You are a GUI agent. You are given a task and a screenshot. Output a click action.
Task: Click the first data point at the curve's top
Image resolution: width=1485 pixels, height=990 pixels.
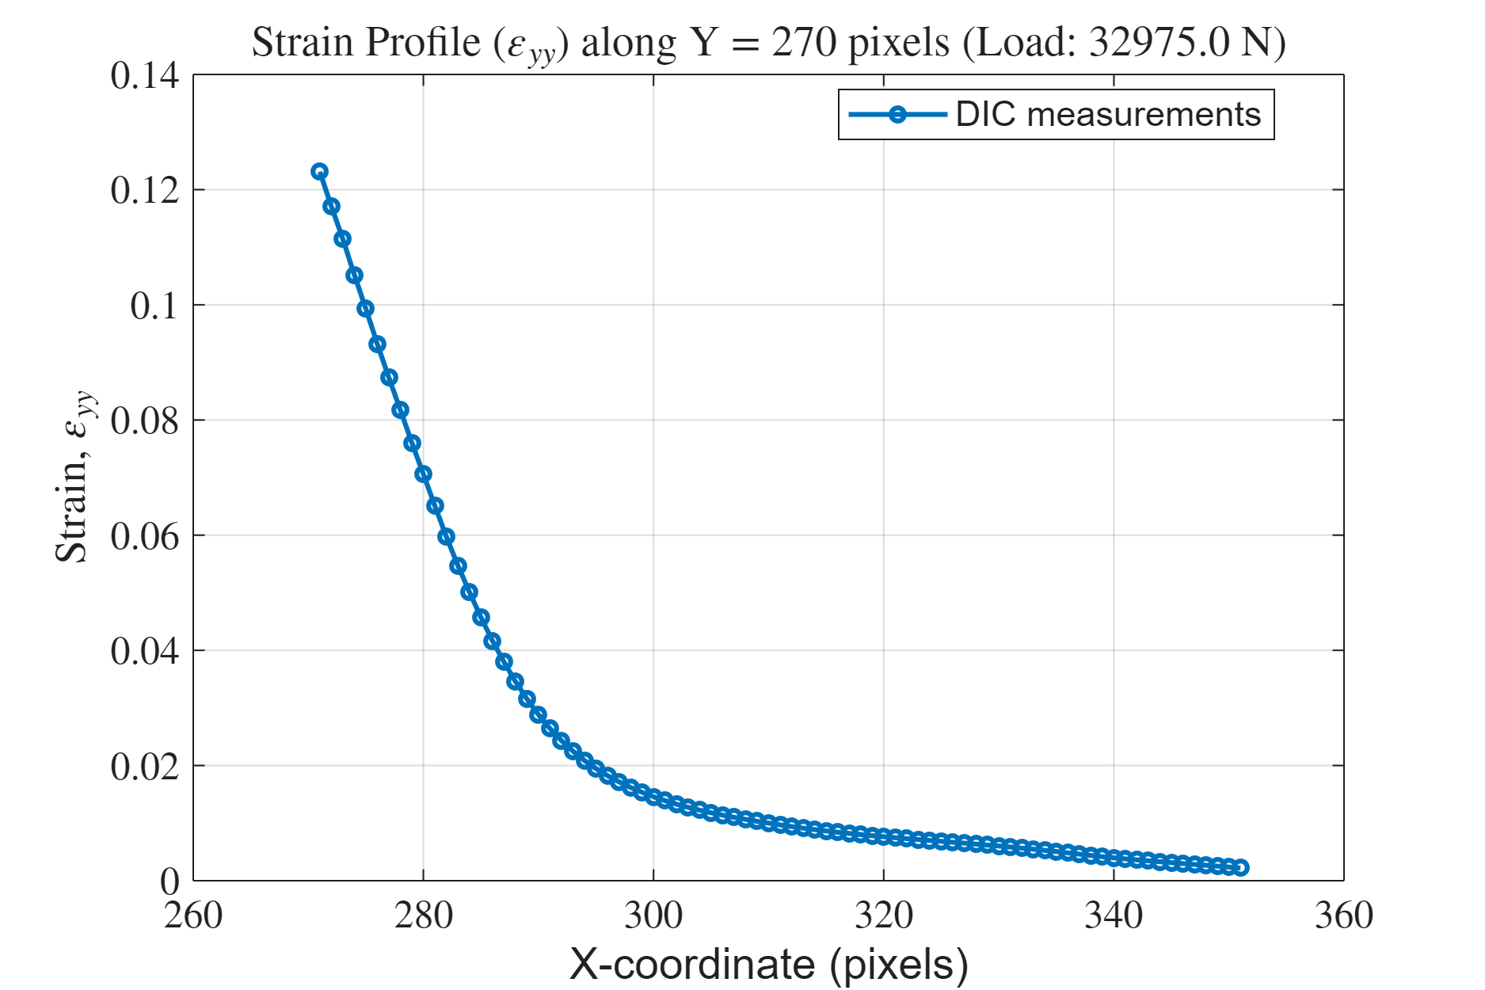pyautogui.click(x=320, y=172)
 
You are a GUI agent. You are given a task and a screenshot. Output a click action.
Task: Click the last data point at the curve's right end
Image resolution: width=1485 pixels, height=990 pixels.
pyautogui.click(x=1241, y=867)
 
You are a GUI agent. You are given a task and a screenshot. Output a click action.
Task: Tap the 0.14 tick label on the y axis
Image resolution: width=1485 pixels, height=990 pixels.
pyautogui.click(x=145, y=76)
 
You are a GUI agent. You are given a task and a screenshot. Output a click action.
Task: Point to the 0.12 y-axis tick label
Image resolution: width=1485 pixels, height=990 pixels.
pyautogui.click(x=145, y=191)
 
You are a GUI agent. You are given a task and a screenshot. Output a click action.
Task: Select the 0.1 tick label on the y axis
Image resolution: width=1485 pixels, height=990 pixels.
pyautogui.click(x=154, y=306)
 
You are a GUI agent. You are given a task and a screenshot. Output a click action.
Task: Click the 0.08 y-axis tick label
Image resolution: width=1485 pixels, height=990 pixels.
pyautogui.click(x=145, y=421)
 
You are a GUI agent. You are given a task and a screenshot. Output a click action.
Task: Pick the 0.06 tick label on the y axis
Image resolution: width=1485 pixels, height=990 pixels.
pyautogui.click(x=145, y=537)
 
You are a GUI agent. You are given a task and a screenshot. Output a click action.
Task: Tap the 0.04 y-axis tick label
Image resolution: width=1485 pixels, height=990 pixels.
pyautogui.click(x=145, y=652)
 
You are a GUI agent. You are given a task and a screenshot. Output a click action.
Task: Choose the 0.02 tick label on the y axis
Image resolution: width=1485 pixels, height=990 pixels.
pyautogui.click(x=145, y=767)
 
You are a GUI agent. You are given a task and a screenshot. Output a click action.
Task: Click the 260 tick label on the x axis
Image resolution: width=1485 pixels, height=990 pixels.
pyautogui.click(x=193, y=916)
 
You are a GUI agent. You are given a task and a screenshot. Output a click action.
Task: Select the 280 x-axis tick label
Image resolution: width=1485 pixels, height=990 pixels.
pyautogui.click(x=424, y=916)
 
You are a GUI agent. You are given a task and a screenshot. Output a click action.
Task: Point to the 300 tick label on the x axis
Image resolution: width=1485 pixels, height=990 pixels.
pyautogui.click(x=653, y=916)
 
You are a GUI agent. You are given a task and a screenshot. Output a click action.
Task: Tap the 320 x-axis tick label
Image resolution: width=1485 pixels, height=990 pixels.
pyautogui.click(x=884, y=916)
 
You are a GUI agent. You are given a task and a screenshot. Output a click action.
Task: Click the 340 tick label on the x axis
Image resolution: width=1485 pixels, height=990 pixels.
pyautogui.click(x=1114, y=916)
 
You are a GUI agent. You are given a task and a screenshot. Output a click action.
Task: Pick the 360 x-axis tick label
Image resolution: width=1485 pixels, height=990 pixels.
pyautogui.click(x=1344, y=916)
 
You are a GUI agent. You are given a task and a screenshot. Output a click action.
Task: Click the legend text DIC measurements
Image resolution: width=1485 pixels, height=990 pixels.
pyautogui.click(x=1108, y=115)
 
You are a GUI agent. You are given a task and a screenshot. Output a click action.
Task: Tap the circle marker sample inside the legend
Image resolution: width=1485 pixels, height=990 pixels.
pyautogui.click(x=897, y=115)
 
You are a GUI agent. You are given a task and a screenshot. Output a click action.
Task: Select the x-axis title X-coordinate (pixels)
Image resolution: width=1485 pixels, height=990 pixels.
pyautogui.click(x=768, y=965)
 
